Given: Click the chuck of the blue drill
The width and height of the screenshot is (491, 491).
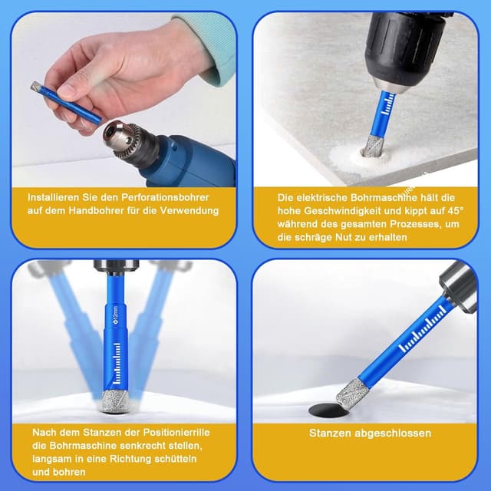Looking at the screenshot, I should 125,137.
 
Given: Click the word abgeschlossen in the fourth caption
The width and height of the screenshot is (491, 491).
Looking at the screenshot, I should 391,433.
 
